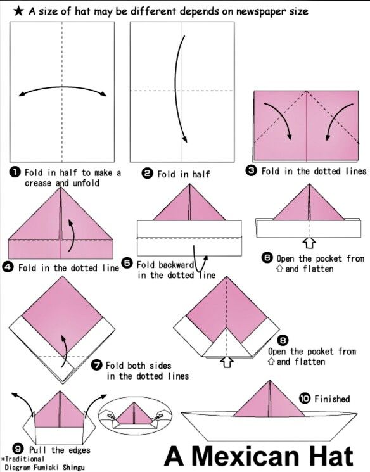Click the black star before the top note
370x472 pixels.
(18, 11)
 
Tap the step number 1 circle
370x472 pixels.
(15, 172)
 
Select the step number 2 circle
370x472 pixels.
(147, 174)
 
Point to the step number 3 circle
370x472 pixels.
(252, 170)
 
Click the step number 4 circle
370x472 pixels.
(8, 267)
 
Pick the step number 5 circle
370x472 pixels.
(127, 263)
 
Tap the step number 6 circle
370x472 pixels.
(267, 258)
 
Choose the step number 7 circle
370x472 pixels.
(97, 365)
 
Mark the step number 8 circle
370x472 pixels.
(283, 340)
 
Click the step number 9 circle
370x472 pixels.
(18, 449)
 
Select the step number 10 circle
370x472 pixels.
(305, 399)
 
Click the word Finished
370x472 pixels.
(332, 399)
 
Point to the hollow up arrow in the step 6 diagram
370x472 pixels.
(309, 243)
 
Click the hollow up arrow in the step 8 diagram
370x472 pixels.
(227, 362)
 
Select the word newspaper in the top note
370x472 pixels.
(261, 12)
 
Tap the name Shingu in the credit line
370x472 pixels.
(73, 468)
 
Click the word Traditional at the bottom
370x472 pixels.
(24, 459)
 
